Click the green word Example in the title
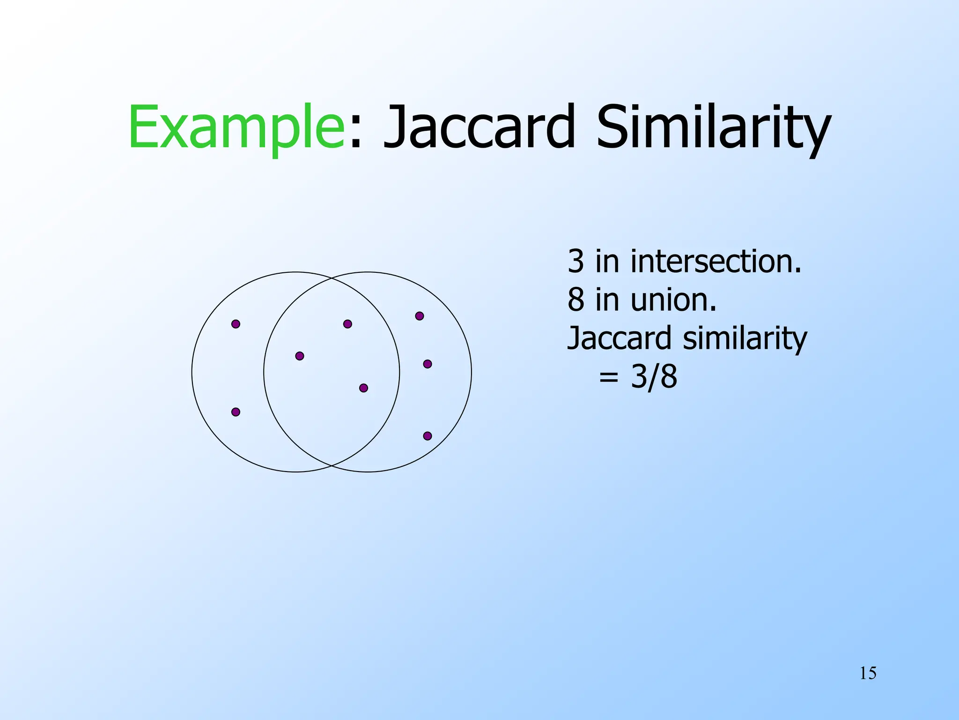[236, 127]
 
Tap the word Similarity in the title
[713, 127]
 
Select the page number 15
[868, 673]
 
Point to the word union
[673, 300]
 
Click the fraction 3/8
[654, 376]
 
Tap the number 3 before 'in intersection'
[575, 262]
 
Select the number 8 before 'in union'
[575, 300]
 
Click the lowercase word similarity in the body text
[745, 338]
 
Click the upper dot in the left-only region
[236, 324]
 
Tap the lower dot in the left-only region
[236, 412]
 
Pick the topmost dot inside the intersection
[347, 324]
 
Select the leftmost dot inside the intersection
[300, 356]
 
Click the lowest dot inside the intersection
[363, 388]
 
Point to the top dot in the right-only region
[420, 316]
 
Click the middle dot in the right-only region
[428, 364]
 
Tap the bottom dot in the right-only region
[428, 436]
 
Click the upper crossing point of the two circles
[332, 278]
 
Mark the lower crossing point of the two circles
[332, 465]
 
